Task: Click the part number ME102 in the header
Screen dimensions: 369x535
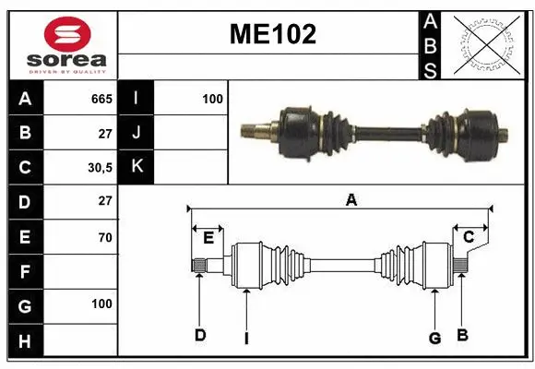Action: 273,35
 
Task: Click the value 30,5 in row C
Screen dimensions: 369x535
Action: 100,168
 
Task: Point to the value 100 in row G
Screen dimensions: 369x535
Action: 101,304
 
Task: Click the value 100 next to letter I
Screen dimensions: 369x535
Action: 212,98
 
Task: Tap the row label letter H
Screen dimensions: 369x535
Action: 25,341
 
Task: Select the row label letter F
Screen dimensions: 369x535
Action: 25,272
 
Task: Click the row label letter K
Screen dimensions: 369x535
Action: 137,167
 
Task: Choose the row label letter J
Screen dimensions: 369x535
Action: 137,133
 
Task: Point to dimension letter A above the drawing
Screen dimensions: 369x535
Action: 351,199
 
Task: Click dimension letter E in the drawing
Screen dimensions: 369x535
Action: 208,238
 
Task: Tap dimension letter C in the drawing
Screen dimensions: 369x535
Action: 469,238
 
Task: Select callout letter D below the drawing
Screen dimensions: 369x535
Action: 199,335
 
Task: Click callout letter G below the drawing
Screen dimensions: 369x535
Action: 434,338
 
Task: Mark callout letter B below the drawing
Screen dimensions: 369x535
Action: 463,334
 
